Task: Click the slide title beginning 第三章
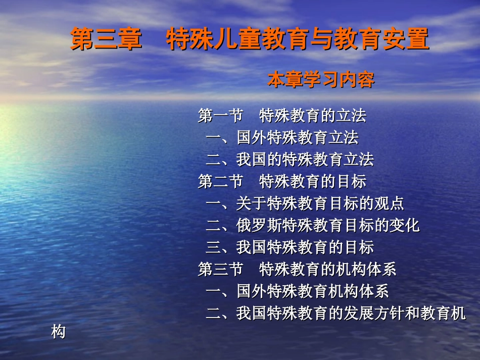point(250,39)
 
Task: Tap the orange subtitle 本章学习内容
point(321,80)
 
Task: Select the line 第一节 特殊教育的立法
point(282,116)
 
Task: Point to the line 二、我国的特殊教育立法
point(290,160)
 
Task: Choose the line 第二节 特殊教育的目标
point(282,181)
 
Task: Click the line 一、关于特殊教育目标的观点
point(305,203)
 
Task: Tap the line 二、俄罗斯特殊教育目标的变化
point(312,225)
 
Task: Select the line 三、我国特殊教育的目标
point(290,247)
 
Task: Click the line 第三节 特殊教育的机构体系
point(297,269)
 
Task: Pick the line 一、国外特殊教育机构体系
point(297,291)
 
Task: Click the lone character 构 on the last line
point(59,332)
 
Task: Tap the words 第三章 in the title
point(106,39)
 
